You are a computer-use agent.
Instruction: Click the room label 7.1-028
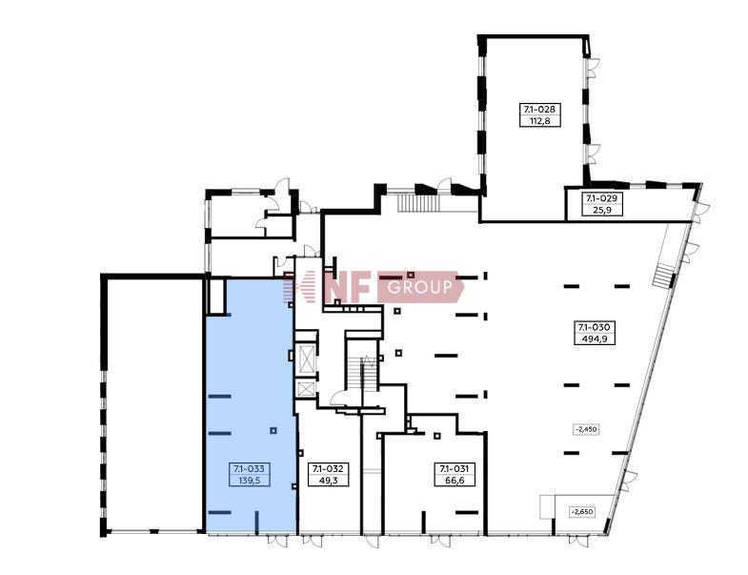coord(539,109)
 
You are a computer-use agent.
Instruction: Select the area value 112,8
coord(540,121)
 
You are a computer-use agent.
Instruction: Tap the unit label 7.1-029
coord(601,197)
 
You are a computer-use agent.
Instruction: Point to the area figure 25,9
coord(602,210)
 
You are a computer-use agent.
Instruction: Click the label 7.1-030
coord(594,327)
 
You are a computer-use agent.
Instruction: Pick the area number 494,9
coord(594,339)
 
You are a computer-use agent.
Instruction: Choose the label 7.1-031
coord(455,469)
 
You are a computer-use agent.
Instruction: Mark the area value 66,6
coord(455,481)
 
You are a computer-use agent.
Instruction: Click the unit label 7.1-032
coord(328,469)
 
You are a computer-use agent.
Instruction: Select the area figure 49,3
coord(328,481)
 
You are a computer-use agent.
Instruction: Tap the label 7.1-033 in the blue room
coord(250,469)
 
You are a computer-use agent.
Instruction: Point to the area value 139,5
coord(250,481)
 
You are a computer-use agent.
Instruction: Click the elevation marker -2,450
coord(586,429)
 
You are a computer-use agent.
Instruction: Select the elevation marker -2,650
coord(583,512)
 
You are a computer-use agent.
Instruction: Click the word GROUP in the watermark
coord(420,287)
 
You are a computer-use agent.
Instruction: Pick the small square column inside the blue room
coord(273,430)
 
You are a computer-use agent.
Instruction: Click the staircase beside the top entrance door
coord(418,203)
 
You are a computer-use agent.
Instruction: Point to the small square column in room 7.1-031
coord(437,435)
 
